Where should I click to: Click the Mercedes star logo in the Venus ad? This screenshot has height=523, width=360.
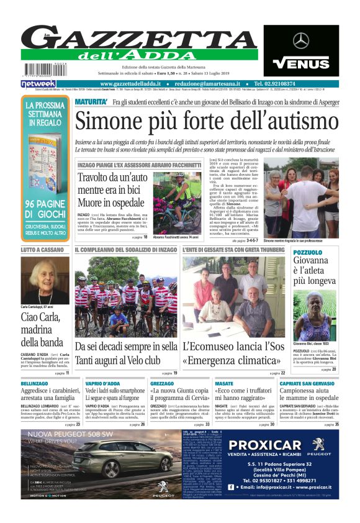pyautogui.click(x=301, y=41)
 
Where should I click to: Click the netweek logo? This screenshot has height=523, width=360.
pyautogui.click(x=38, y=83)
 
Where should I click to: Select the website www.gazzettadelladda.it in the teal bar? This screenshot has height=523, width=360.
pyautogui.click(x=130, y=83)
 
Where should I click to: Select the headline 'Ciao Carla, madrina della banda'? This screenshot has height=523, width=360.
pyautogui.click(x=43, y=330)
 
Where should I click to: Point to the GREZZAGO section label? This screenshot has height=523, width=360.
pyautogui.click(x=162, y=384)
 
